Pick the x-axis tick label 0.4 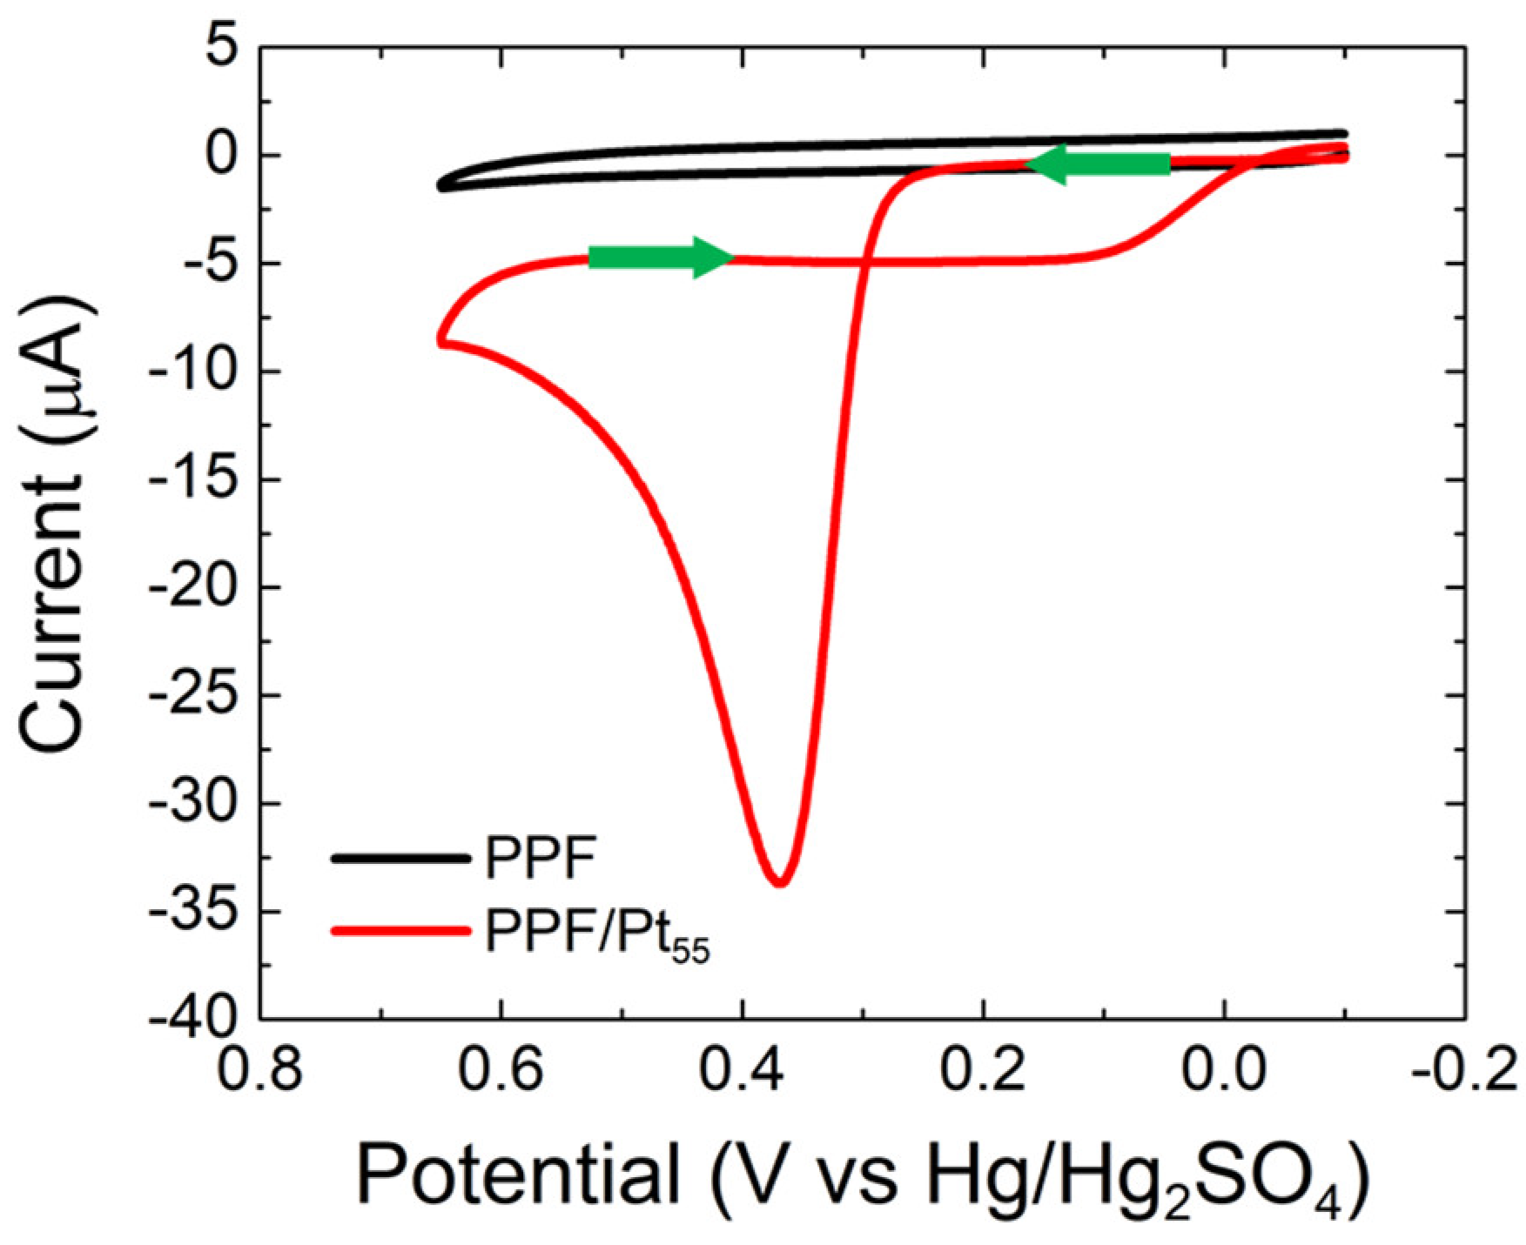[x=742, y=1070]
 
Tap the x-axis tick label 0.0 [x=1224, y=1070]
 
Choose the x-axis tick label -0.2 [x=1464, y=1070]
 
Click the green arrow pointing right [x=662, y=257]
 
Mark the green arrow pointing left [x=1099, y=164]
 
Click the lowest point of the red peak [x=780, y=884]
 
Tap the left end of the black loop [x=440, y=184]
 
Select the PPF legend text [x=541, y=858]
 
